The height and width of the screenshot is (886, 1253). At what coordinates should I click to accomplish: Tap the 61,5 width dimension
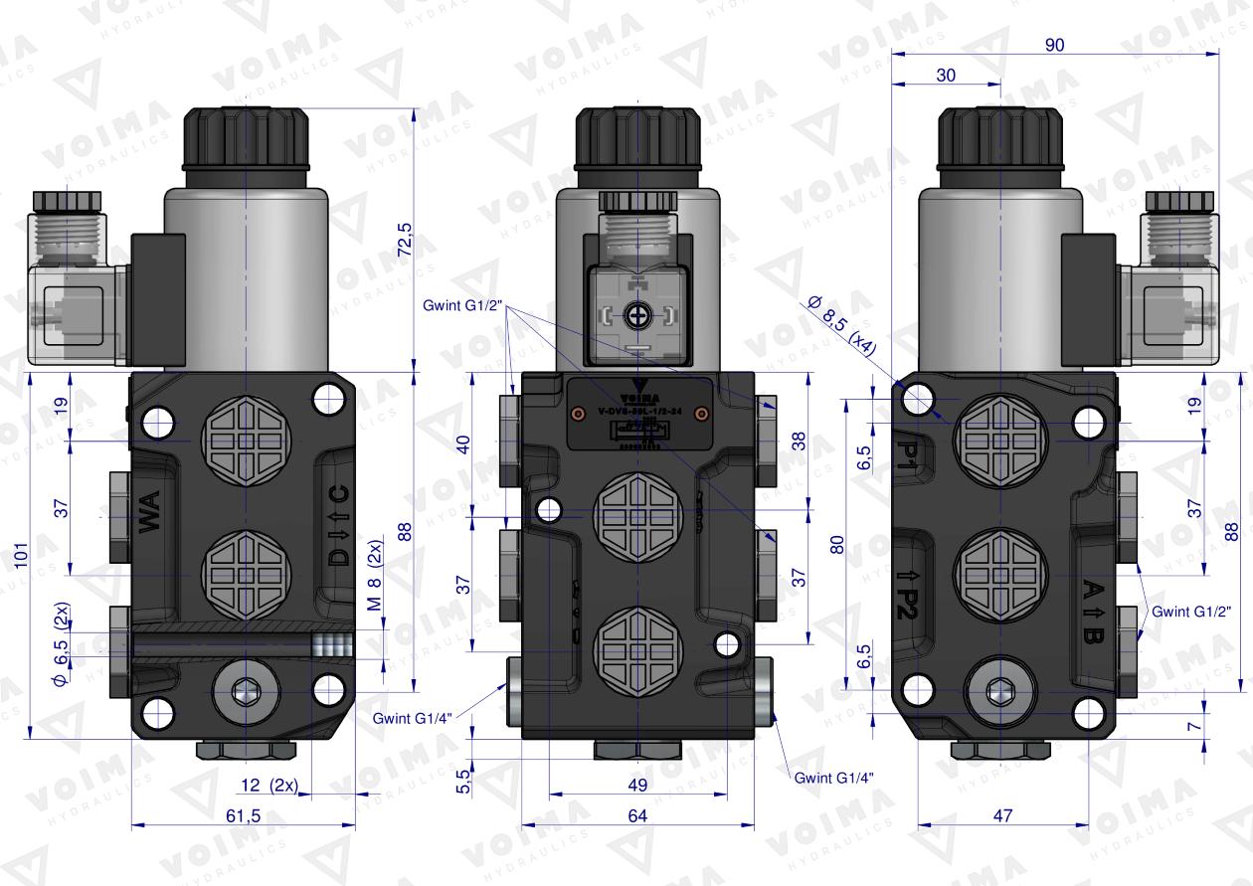(x=244, y=815)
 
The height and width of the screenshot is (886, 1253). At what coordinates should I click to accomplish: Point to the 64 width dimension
(x=636, y=815)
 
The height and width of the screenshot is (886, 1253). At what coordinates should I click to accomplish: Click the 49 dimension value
(x=637, y=785)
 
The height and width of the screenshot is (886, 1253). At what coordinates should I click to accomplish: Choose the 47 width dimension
(x=1002, y=815)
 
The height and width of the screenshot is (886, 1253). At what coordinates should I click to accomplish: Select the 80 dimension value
(x=837, y=544)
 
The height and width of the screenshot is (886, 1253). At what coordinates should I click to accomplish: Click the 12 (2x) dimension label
(x=268, y=785)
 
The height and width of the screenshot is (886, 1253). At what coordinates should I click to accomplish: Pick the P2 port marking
(x=905, y=595)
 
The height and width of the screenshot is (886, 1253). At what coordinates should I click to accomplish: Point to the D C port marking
(x=339, y=526)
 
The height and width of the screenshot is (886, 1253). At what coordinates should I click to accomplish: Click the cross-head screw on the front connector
(x=636, y=316)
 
